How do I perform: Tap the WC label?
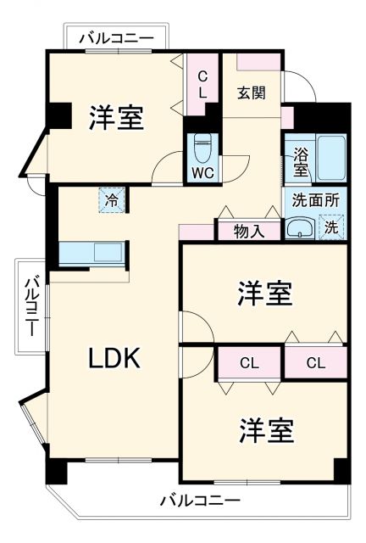202,172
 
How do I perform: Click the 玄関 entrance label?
250,92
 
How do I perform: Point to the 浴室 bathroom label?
301,162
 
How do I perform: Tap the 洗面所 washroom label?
315,201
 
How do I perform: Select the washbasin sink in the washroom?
299,227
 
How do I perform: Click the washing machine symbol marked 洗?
331,227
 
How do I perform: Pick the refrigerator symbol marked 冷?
112,200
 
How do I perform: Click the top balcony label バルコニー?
116,38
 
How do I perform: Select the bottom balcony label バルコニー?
199,500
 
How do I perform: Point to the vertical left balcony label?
30,306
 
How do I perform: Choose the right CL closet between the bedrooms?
314,363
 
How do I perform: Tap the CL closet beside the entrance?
202,85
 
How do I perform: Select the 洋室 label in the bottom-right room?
265,431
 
